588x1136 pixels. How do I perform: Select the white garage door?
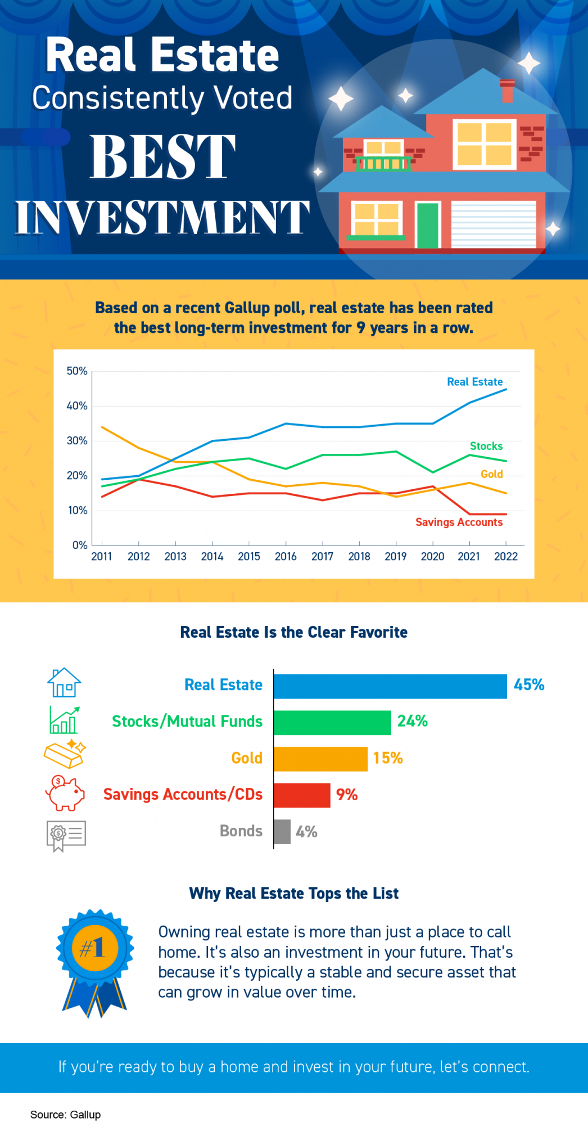494,224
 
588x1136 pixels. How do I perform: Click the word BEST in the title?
162,157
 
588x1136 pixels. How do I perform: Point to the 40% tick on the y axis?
77,406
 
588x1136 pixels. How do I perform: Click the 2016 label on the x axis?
286,556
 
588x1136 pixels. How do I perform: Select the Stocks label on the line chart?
486,446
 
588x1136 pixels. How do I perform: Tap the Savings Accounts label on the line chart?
459,522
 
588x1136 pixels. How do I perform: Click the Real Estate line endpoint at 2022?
506,389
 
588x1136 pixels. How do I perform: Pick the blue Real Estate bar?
390,686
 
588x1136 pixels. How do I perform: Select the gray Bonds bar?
282,831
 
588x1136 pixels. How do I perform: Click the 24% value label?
413,721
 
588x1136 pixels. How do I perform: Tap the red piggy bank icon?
65,793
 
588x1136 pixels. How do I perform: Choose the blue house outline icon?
64,683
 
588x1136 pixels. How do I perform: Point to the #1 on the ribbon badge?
94,948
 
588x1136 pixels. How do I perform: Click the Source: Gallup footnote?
65,1115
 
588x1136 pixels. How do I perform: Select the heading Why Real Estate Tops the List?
293,893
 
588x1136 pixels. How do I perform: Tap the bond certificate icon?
66,835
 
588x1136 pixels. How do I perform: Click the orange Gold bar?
320,759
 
